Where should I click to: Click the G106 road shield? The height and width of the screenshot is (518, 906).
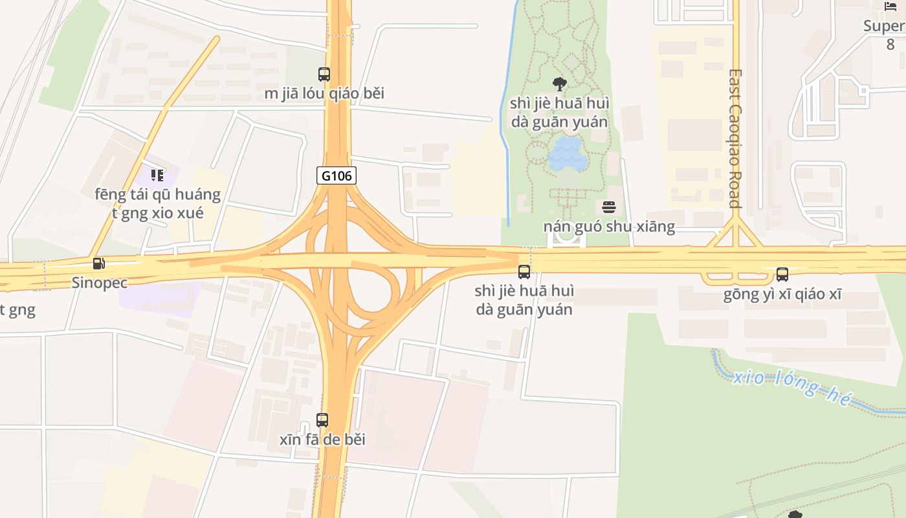337,175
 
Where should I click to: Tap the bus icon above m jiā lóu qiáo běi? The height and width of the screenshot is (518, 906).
324,74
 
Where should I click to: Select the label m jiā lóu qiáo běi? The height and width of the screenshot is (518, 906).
324,93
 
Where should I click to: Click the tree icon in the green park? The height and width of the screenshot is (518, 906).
560,84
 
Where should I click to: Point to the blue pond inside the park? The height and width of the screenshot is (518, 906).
568,154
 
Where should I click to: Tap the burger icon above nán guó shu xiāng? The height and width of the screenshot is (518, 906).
609,207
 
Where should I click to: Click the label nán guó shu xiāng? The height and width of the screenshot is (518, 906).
609,227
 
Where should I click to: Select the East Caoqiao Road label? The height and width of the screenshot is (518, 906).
735,139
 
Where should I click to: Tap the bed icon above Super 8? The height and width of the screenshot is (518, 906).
890,6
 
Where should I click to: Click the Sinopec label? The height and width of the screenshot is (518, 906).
100,282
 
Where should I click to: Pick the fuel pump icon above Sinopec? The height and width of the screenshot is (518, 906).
99,263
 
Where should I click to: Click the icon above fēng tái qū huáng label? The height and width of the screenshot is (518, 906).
157,175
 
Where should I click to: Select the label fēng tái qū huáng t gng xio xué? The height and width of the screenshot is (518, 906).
158,203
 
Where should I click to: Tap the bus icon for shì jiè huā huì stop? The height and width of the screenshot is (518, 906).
524,272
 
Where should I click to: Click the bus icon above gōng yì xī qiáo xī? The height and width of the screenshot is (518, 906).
782,275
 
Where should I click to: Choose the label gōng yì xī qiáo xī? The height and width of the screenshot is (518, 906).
782,295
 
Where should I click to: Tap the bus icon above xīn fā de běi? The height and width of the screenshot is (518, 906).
322,420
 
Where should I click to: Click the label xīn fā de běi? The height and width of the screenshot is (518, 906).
322,440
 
